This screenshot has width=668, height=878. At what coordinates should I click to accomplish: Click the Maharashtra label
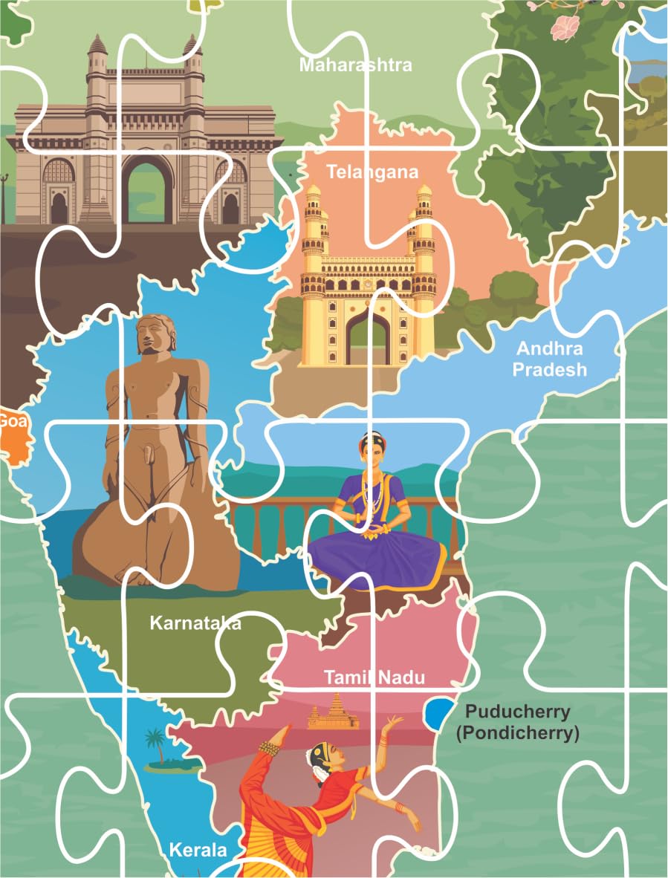355,65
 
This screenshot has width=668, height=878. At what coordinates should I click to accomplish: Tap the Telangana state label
372,172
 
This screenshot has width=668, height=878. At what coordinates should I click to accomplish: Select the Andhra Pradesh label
551,358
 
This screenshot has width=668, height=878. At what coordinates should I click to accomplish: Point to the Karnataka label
195,622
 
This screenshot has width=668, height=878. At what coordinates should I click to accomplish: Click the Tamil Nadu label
374,677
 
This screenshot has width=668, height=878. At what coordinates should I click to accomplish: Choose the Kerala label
198,849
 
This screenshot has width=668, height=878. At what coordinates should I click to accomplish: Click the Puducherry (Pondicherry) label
516,722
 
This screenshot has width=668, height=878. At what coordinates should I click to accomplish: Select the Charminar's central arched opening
368,338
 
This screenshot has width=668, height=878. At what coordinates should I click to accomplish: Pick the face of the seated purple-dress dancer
374,450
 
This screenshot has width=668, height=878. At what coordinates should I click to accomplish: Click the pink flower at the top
565,27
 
